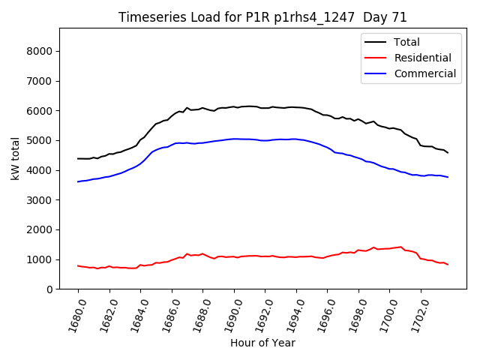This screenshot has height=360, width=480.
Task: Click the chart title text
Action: [x=262, y=18]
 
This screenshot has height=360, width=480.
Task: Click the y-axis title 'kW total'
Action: [x=16, y=158]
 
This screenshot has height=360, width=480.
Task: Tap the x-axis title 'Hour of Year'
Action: [x=262, y=343]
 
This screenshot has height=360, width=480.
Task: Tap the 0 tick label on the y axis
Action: [x=49, y=289]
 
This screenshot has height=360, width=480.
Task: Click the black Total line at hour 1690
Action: [x=234, y=107]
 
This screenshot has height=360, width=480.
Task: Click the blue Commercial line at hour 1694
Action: [x=296, y=139]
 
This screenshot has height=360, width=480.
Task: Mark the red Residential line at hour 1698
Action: [x=358, y=250]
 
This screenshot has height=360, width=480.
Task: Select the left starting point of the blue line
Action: [x=78, y=181]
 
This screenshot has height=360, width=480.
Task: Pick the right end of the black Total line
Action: [x=448, y=153]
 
